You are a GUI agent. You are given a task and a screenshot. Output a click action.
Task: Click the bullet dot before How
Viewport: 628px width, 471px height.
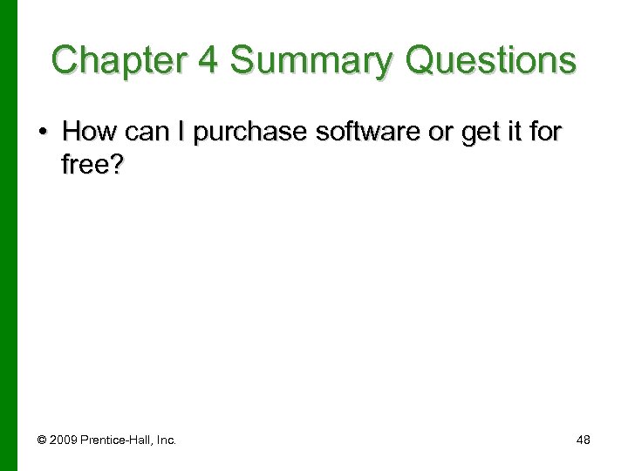(x=42, y=133)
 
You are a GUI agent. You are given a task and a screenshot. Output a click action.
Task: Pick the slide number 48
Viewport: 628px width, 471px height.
(x=584, y=440)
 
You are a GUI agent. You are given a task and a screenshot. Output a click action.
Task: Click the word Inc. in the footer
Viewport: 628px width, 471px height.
(x=166, y=440)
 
